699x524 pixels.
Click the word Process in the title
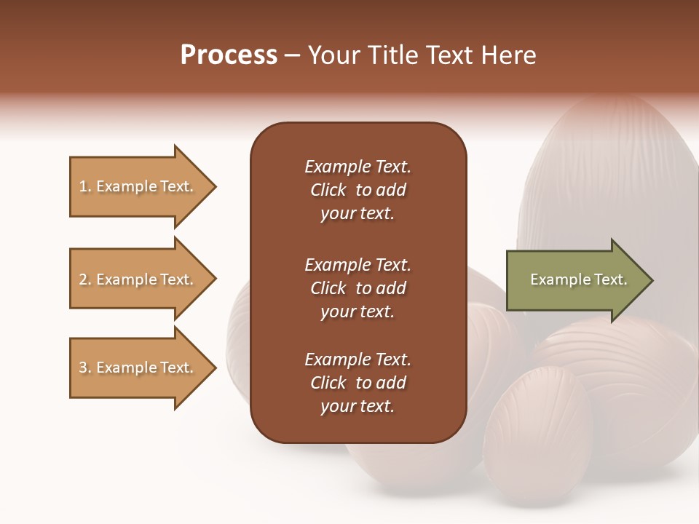click(229, 55)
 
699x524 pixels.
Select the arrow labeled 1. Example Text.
click(138, 186)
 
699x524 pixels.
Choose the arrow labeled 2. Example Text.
click(138, 279)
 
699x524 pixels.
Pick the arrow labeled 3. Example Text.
click(138, 368)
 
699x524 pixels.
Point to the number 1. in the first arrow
click(85, 187)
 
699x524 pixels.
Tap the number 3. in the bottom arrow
click(85, 368)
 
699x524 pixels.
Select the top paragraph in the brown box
click(358, 190)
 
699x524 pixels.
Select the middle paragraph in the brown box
click(358, 288)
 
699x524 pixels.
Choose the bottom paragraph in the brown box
click(358, 383)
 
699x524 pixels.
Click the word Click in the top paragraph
click(328, 191)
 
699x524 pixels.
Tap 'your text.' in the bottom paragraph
click(358, 407)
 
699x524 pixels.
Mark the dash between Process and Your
click(293, 56)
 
